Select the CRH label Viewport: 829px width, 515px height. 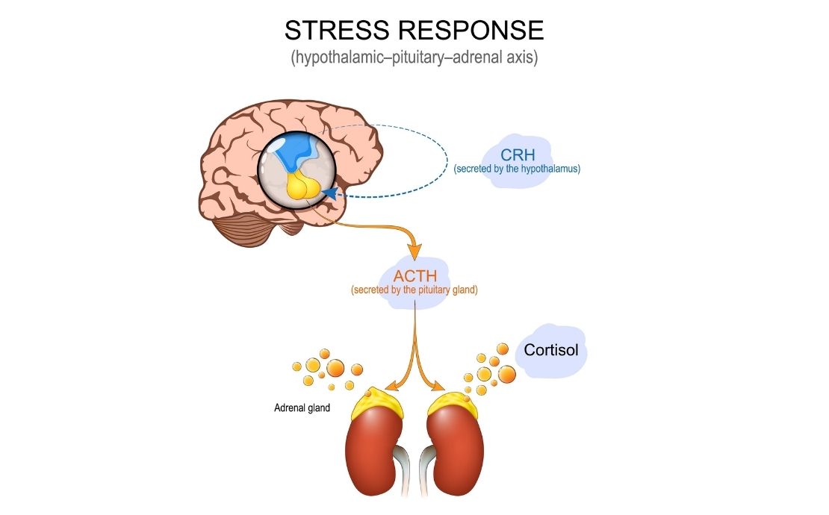[518, 156]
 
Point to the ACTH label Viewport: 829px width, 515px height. [414, 275]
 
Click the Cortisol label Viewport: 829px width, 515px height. [551, 350]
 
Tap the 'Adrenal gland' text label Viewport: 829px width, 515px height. [302, 408]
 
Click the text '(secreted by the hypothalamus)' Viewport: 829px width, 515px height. [517, 169]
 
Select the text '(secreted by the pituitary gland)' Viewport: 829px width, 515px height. [414, 290]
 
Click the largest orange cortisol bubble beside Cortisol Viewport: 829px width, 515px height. [505, 371]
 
